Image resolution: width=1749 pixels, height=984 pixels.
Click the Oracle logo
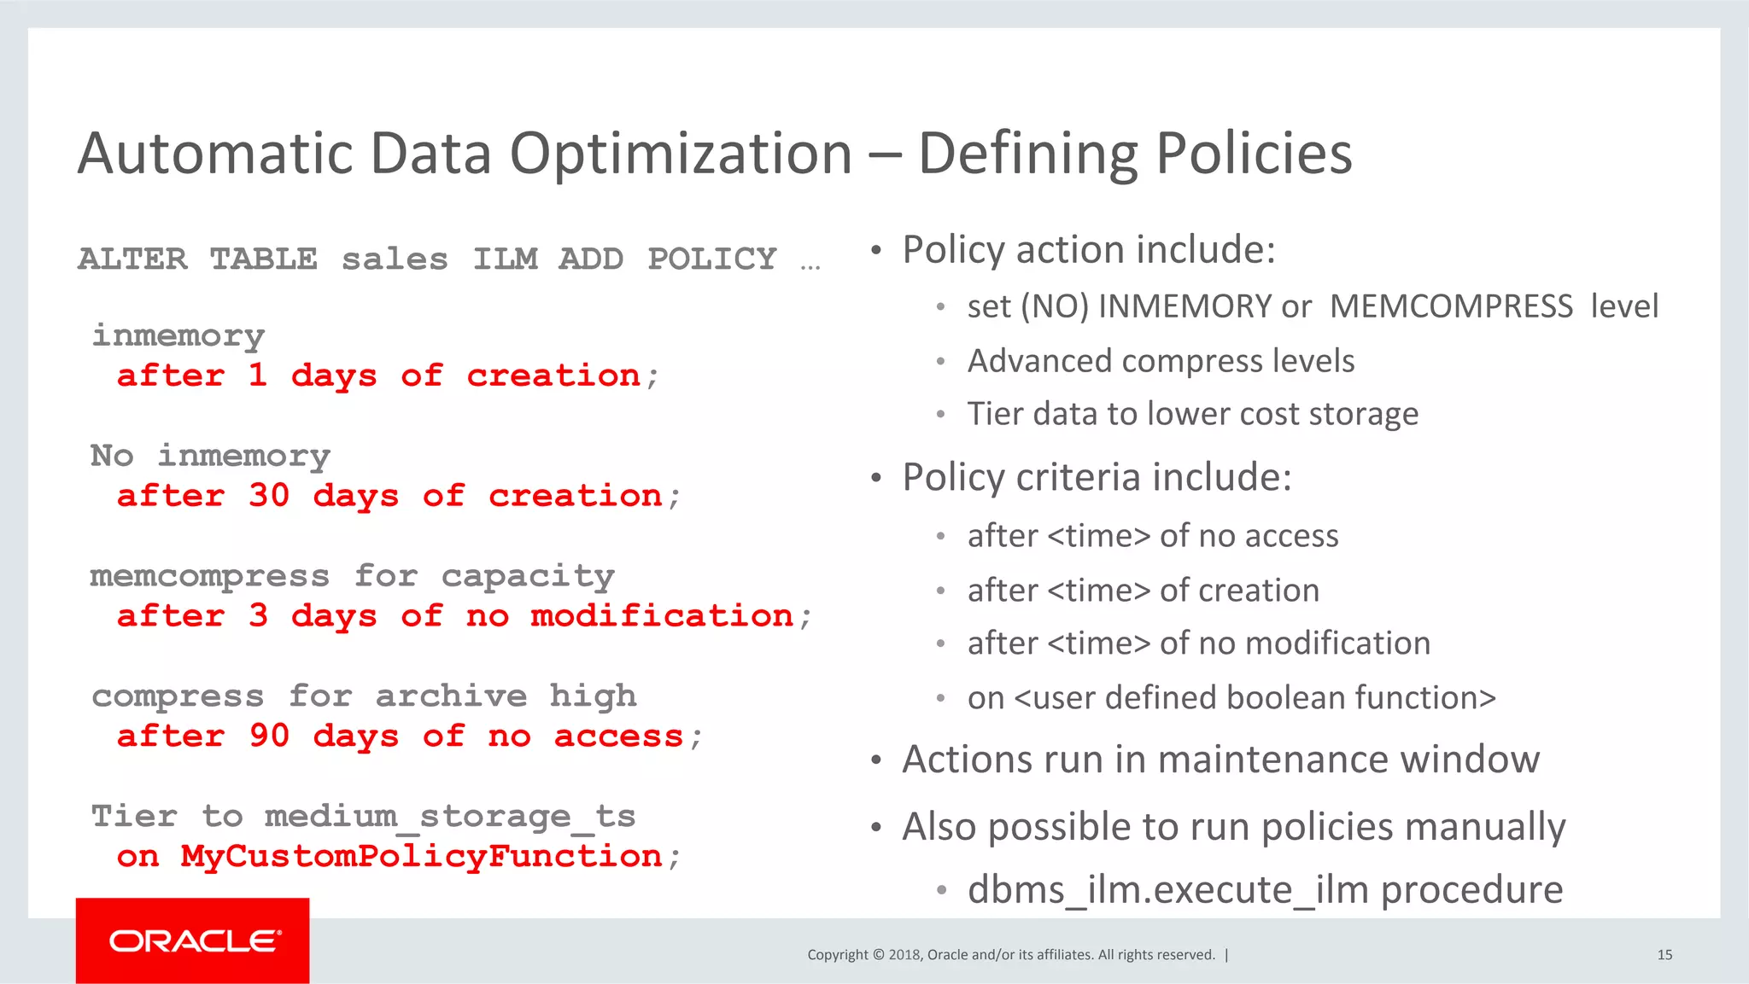coord(193,940)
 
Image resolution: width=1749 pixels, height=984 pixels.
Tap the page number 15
coord(1664,955)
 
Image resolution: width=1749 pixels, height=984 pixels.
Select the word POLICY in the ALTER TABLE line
coord(711,259)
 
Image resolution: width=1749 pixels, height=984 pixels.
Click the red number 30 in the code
coord(269,496)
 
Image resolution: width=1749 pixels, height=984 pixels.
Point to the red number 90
coord(269,736)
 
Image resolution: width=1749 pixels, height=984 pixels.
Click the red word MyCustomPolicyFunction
coord(421,856)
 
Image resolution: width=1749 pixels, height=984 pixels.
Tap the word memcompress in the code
coord(209,576)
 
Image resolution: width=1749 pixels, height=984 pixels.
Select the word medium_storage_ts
coord(449,817)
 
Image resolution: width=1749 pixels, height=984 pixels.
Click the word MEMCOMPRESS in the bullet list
coord(1450,306)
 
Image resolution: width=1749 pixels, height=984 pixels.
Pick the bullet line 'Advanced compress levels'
coord(1161,361)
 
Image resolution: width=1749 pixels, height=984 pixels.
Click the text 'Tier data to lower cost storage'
coord(1192,414)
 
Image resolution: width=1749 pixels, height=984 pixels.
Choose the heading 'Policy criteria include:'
coord(1097,477)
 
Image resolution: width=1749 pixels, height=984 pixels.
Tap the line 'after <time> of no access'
coord(1152,536)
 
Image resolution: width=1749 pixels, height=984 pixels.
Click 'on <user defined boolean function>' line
coord(1231,698)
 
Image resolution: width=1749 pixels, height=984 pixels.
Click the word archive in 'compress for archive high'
coord(451,696)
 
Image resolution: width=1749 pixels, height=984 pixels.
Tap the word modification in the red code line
coord(662,616)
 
